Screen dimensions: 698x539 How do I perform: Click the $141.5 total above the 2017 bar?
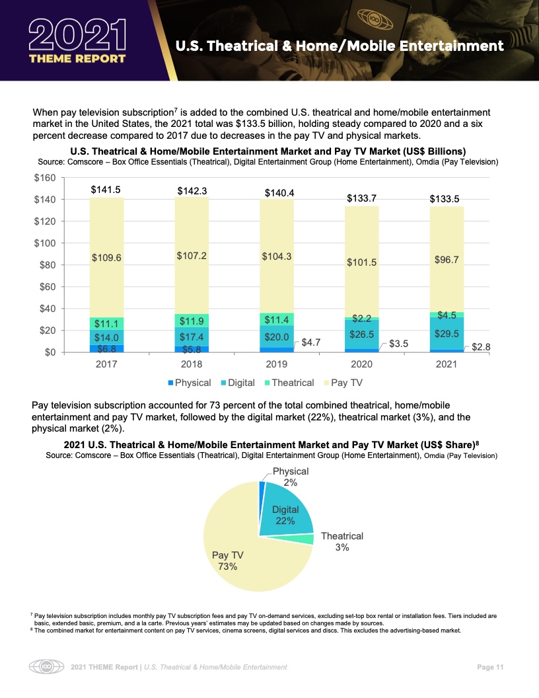point(106,190)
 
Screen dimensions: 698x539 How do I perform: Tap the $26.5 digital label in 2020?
point(361,334)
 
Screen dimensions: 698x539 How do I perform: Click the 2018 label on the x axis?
point(192,364)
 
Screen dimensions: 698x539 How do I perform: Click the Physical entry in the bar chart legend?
point(189,383)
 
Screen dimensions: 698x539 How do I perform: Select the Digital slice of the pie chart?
point(285,512)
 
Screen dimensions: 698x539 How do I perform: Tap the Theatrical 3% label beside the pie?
point(341,542)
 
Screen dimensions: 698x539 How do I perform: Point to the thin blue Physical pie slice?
point(262,487)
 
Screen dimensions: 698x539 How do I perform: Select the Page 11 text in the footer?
point(490,667)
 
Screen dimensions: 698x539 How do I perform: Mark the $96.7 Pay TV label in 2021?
point(447,260)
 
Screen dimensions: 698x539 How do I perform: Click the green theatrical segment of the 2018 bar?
point(192,321)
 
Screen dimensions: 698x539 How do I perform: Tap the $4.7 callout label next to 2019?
point(311,342)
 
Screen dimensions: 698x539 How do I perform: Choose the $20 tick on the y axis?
point(46,330)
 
